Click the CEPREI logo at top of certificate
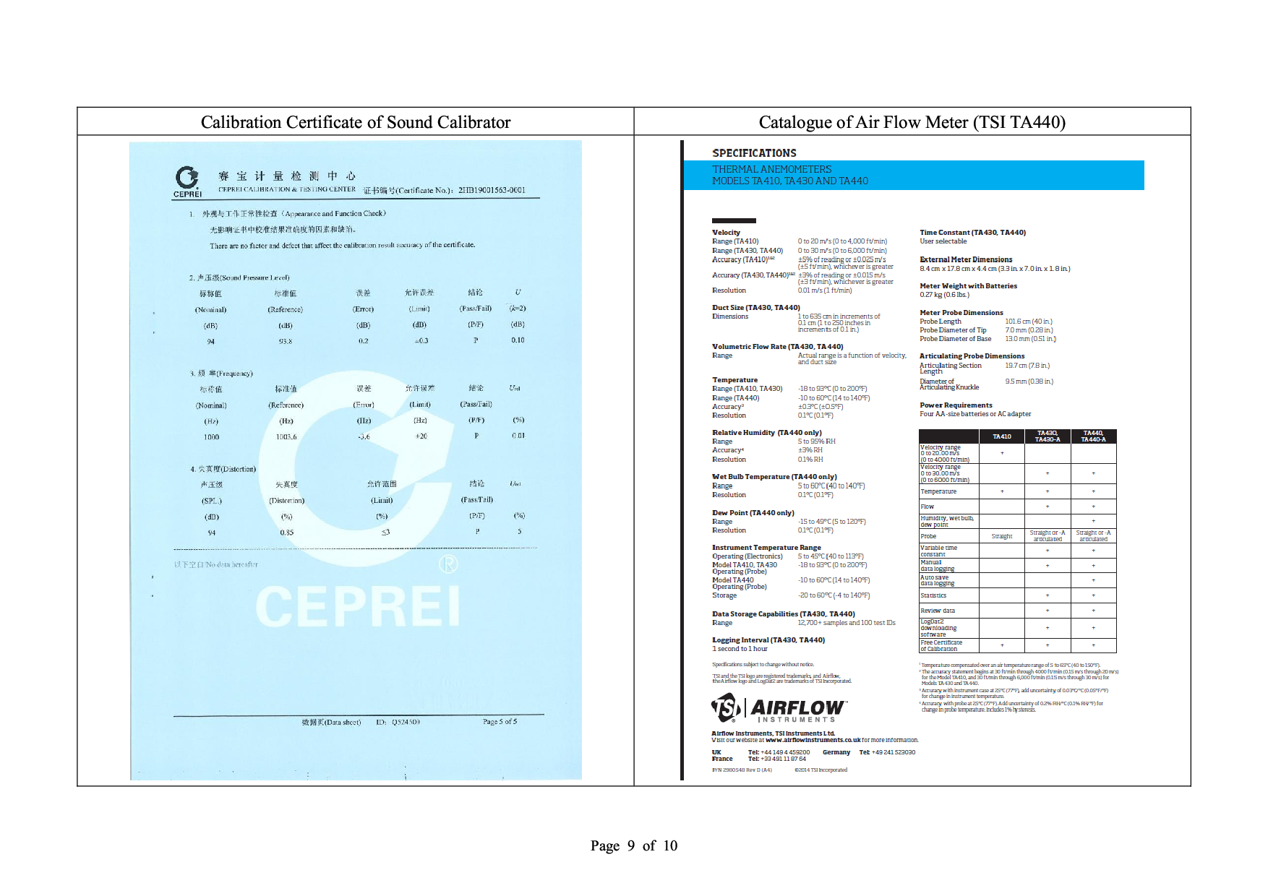click(187, 181)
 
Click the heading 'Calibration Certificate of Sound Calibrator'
click(356, 122)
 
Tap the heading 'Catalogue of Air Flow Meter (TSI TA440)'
click(912, 122)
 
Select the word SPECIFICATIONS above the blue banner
click(754, 153)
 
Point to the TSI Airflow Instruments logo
click(778, 708)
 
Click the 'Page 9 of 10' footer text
click(633, 845)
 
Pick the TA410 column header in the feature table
click(1001, 436)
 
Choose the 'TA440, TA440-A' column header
click(1093, 436)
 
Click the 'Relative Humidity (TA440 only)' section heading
click(766, 433)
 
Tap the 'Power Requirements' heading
click(956, 405)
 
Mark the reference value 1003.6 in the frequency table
click(286, 437)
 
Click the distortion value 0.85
click(286, 533)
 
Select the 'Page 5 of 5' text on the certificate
click(500, 722)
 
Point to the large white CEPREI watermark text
click(358, 606)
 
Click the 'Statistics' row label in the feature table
click(933, 595)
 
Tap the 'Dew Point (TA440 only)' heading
click(753, 513)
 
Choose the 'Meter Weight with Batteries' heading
click(968, 286)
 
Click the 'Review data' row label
click(938, 611)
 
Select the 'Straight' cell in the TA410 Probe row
click(1001, 536)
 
